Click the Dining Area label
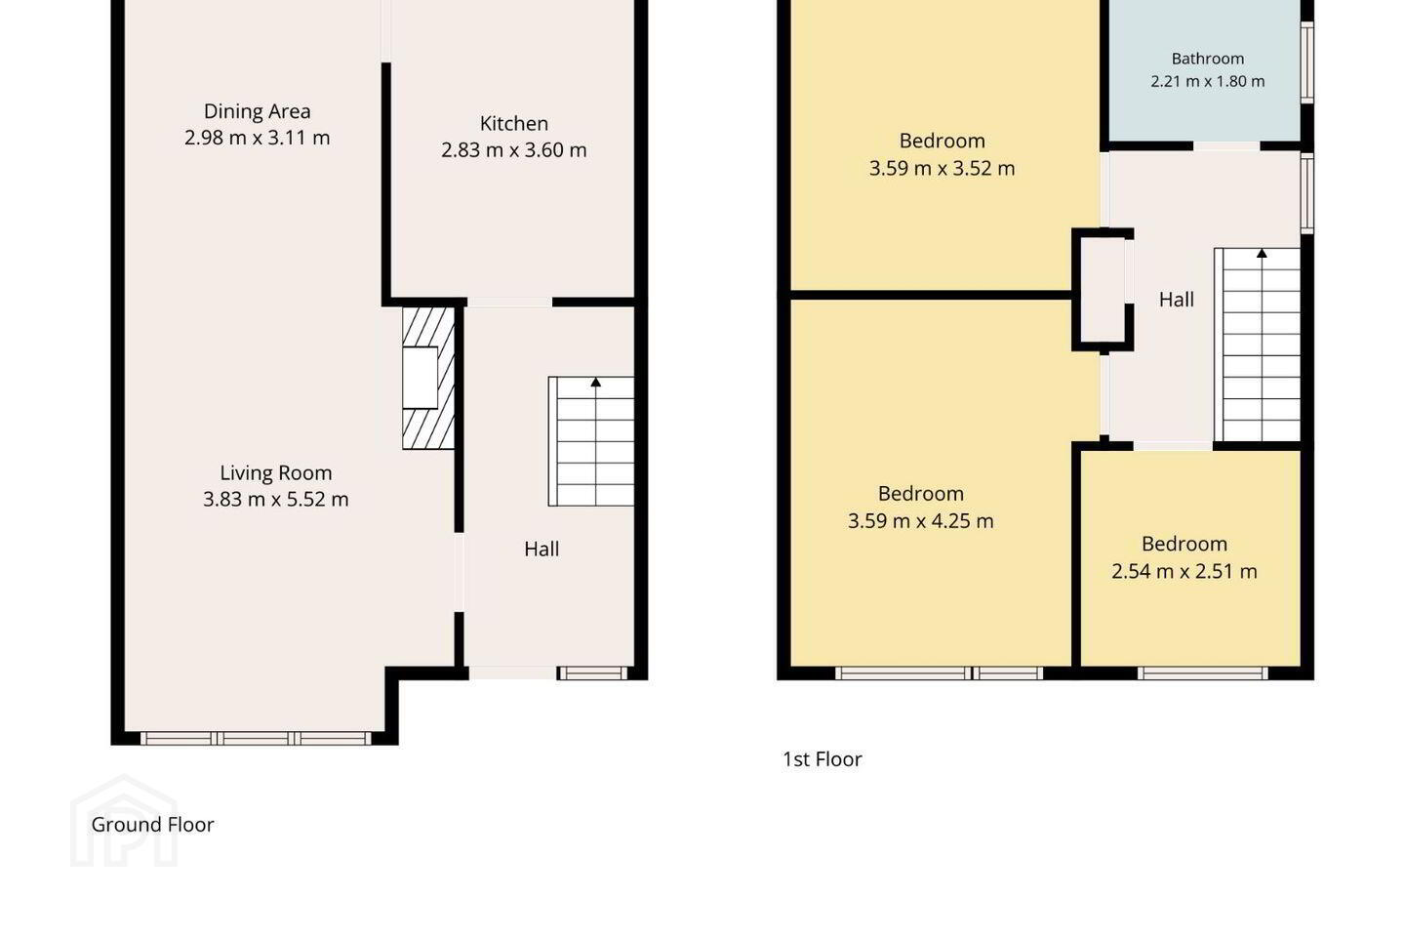[x=258, y=111]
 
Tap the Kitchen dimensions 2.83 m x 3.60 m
[x=513, y=150]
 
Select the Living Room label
[x=276, y=472]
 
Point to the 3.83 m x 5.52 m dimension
[x=276, y=500]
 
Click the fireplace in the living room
[x=428, y=379]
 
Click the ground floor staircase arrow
[x=596, y=383]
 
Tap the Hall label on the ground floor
[x=542, y=550]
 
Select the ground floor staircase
[x=591, y=441]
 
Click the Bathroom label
[x=1208, y=59]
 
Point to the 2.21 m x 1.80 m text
[x=1208, y=82]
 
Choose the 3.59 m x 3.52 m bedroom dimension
[x=943, y=168]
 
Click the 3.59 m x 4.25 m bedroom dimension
[x=921, y=521]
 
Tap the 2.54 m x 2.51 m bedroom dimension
[x=1184, y=571]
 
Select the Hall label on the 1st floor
[x=1177, y=300]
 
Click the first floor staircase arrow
[x=1262, y=254]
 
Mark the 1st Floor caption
[x=823, y=759]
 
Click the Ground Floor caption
[x=152, y=825]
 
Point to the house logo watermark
[x=124, y=821]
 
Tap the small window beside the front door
[x=593, y=673]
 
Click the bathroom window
[x=1307, y=62]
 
